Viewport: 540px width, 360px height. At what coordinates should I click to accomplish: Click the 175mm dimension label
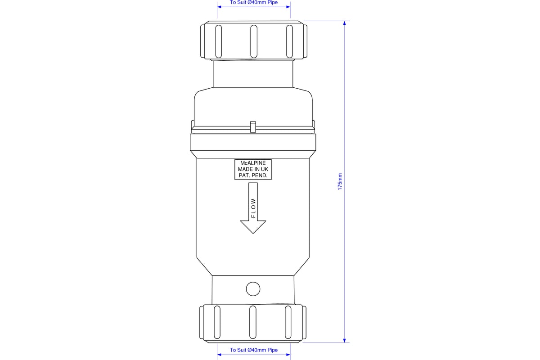tap(340, 181)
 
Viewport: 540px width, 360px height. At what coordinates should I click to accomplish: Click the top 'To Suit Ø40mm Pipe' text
tap(254, 3)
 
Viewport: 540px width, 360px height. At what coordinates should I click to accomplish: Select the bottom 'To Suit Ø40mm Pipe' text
tap(254, 350)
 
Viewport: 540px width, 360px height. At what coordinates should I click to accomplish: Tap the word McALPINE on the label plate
tap(253, 163)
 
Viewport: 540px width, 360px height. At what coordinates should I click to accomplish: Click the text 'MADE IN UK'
tap(253, 169)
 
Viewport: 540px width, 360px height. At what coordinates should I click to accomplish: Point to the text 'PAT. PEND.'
tap(253, 175)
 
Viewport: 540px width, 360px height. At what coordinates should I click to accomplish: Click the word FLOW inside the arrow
tap(253, 208)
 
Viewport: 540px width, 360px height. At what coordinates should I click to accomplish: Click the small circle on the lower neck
tap(253, 289)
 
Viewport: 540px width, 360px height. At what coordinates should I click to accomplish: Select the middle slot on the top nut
tap(254, 41)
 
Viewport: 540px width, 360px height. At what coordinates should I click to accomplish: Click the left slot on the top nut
tap(218, 41)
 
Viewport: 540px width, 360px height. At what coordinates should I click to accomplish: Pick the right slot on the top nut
tap(289, 41)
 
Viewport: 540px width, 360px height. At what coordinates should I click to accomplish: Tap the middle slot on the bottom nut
tap(253, 322)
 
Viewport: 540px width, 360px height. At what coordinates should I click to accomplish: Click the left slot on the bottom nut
tap(217, 322)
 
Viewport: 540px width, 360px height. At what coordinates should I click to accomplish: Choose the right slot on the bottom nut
tap(288, 322)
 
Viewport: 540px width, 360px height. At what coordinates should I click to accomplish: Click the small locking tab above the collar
tap(253, 127)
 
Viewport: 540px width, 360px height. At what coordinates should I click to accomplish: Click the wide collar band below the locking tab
tap(253, 143)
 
